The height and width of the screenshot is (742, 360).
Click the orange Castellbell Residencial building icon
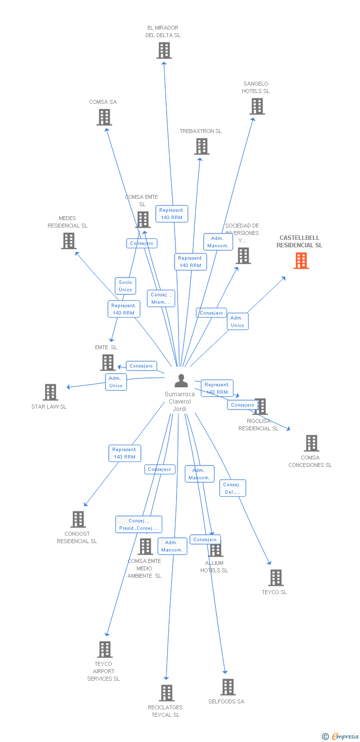click(x=301, y=261)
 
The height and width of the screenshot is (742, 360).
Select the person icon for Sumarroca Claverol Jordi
click(x=181, y=380)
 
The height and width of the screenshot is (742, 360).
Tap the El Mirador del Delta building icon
click(x=164, y=50)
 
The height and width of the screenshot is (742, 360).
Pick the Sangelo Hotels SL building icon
click(x=257, y=106)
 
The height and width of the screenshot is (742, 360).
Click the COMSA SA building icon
click(x=104, y=117)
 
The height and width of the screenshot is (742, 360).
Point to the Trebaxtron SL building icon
click(x=202, y=146)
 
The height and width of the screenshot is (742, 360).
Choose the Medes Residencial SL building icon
click(x=69, y=241)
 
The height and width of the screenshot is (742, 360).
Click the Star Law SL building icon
click(x=50, y=392)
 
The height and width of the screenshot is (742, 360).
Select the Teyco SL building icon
click(x=276, y=578)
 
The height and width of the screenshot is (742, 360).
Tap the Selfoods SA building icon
click(x=227, y=687)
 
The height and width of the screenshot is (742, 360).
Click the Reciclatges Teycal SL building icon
click(x=167, y=693)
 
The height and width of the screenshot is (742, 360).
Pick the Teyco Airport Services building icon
click(x=105, y=649)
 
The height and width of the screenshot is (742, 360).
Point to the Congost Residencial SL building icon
click(x=78, y=519)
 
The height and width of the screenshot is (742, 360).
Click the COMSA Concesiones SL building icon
click(x=312, y=443)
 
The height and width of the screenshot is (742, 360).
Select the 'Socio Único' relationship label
click(x=125, y=286)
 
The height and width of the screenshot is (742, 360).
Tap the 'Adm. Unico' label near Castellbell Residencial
click(x=237, y=322)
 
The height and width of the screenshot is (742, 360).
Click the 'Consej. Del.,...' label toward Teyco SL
click(x=232, y=488)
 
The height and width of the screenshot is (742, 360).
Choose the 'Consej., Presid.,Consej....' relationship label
click(x=138, y=524)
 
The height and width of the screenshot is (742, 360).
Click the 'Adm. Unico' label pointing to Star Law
click(x=116, y=382)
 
